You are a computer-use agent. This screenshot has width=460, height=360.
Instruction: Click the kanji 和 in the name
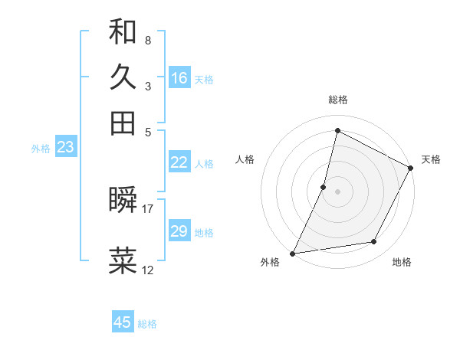[x=123, y=32]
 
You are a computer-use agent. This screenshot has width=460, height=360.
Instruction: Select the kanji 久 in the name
[x=123, y=77]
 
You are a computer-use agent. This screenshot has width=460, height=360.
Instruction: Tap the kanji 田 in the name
[x=123, y=123]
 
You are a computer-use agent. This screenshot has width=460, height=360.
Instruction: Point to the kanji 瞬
[x=123, y=201]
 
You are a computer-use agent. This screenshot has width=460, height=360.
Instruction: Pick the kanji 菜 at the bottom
[x=123, y=260]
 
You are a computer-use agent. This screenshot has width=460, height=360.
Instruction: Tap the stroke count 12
[x=148, y=270]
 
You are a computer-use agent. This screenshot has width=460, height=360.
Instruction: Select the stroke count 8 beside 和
[x=147, y=40]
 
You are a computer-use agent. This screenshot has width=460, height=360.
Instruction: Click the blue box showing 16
[x=179, y=77]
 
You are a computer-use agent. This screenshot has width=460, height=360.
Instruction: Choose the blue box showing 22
[x=179, y=162]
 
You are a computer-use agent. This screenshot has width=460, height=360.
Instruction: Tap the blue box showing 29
[x=179, y=231]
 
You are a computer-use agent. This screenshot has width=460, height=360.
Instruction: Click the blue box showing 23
[x=65, y=148]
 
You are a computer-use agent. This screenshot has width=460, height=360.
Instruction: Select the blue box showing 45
[x=123, y=322]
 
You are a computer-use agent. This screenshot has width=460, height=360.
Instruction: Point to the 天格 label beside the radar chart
[x=431, y=159]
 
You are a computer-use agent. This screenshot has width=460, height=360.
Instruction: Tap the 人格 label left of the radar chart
[x=245, y=159]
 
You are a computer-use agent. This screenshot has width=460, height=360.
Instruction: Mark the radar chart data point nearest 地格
[x=374, y=242]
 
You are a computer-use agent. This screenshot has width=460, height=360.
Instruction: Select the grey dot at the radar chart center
[x=337, y=191]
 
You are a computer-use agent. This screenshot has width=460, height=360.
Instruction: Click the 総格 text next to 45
[x=147, y=324]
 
